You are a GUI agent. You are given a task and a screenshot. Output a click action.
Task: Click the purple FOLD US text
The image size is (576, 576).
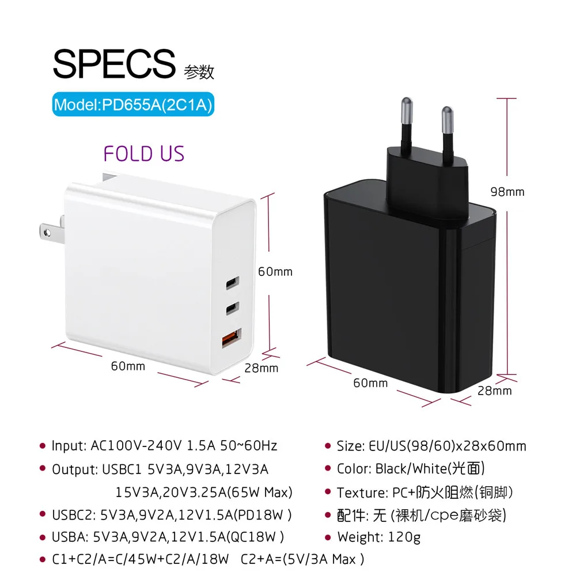click(x=143, y=154)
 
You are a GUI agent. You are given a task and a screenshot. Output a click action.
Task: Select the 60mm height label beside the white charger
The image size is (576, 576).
click(x=275, y=271)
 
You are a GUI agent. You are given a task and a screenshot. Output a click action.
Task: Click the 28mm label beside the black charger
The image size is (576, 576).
click(x=494, y=391)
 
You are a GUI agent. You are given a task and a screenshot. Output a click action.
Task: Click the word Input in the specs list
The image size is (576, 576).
click(x=69, y=446)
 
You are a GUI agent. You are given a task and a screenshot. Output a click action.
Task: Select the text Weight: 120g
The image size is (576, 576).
click(x=378, y=537)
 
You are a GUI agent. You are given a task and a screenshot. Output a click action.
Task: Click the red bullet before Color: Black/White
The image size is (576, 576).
click(x=329, y=469)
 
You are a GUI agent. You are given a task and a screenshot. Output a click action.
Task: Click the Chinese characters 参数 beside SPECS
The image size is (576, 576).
click(x=199, y=72)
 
